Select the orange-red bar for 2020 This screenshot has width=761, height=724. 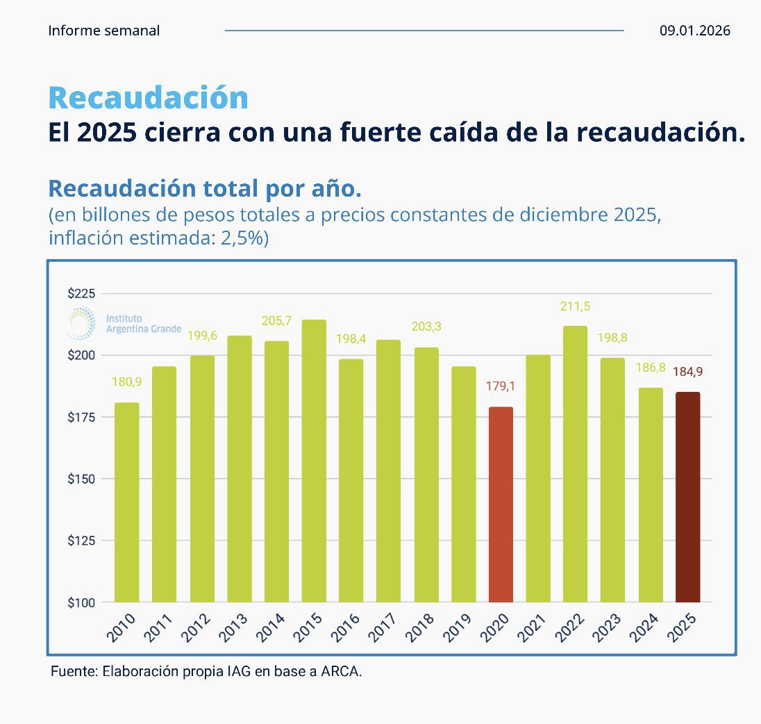501,504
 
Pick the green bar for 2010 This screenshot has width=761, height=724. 126,502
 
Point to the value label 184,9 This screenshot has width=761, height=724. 687,371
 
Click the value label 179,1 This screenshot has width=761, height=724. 501,386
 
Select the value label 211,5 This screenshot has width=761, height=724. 575,306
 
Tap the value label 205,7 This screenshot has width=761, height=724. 276,320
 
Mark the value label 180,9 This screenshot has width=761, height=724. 126,381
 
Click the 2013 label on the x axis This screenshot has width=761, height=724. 237,627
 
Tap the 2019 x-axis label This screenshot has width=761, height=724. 462,627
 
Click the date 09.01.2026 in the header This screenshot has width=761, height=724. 695,31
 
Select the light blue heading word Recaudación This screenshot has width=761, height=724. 148,97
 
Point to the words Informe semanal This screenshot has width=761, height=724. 104,31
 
